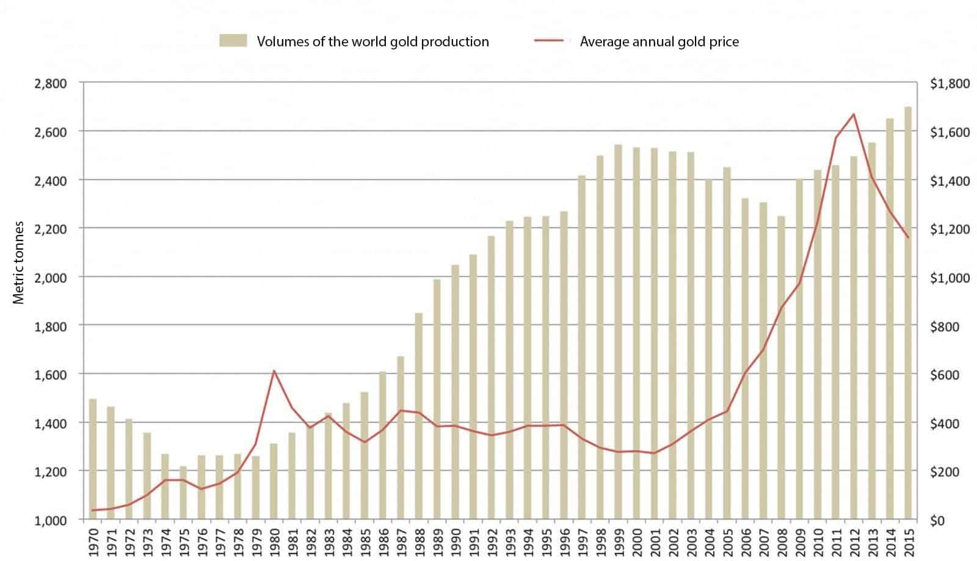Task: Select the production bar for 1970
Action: point(93,458)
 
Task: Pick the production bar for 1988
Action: point(419,416)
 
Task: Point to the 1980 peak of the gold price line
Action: point(274,371)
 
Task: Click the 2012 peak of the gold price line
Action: point(853,114)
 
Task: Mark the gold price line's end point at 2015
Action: point(908,237)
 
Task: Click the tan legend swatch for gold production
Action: point(233,41)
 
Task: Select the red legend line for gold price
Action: point(548,41)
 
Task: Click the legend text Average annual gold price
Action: point(659,42)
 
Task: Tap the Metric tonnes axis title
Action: point(19,262)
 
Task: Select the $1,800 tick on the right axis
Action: point(950,84)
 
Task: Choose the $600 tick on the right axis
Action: point(944,375)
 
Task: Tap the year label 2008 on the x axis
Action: point(781,541)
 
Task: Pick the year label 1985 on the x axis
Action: point(365,541)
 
